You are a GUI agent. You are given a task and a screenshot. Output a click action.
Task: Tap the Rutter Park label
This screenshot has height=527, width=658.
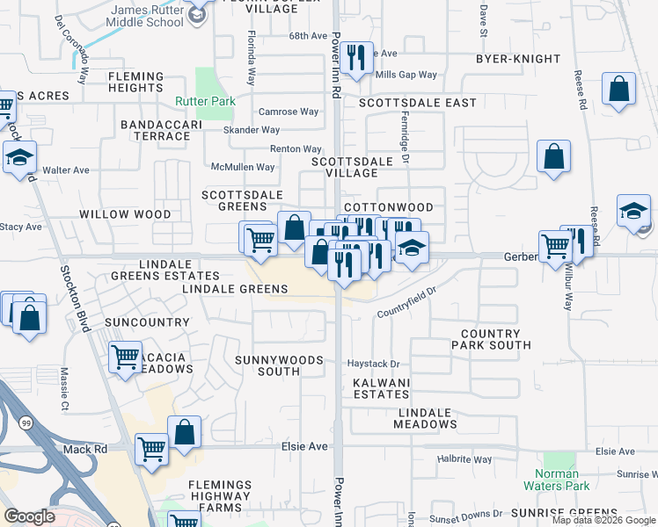205,102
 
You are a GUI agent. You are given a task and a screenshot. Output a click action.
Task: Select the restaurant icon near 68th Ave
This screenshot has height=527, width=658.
356,58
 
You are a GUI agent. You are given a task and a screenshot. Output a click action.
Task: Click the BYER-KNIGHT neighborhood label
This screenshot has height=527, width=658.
517,59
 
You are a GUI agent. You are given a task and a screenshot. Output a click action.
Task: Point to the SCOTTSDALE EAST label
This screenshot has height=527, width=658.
418,103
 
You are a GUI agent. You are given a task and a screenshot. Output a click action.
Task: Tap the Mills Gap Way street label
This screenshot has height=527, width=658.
406,76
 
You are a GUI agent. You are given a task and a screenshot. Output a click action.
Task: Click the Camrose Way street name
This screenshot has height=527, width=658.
289,112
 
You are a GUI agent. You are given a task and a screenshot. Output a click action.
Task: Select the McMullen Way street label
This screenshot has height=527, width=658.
243,167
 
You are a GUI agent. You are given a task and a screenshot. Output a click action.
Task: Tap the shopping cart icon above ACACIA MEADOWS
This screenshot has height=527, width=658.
126,357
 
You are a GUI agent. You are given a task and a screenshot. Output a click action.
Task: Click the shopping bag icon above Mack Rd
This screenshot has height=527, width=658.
184,431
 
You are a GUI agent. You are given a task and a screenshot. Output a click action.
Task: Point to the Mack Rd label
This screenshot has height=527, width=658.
84,449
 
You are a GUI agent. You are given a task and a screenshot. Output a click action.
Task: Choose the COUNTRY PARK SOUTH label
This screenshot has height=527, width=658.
496,340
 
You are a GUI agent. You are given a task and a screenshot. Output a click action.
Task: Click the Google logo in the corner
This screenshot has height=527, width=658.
30,516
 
